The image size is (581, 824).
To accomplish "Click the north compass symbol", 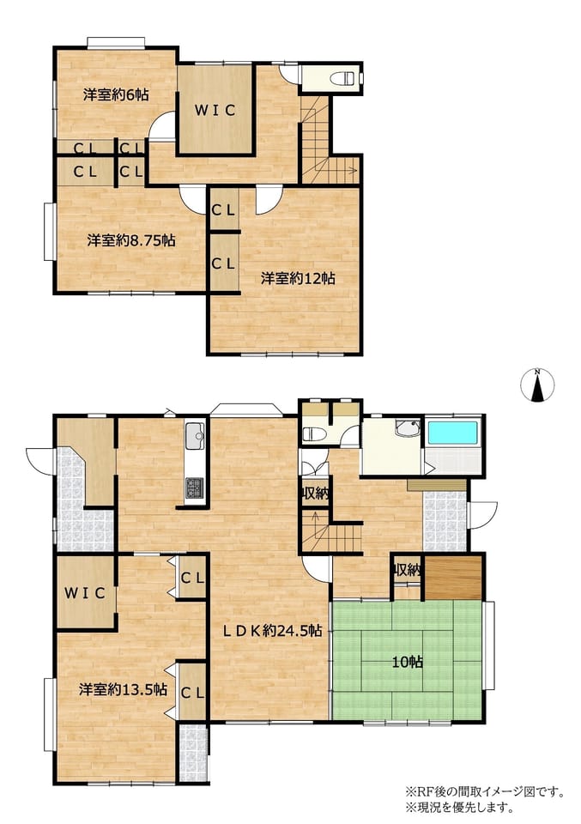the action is point(537,385).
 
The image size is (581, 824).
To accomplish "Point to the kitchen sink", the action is point(195,435).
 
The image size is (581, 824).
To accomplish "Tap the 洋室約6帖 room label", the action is point(116,94).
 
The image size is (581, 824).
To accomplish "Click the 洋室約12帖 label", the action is point(299,278).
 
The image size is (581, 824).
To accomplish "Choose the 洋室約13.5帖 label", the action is point(124,689).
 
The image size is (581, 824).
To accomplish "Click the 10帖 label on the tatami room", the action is point(408,662).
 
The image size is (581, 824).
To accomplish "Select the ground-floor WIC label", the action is point(85,593).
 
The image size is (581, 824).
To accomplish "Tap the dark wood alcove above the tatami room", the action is point(453,576).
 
